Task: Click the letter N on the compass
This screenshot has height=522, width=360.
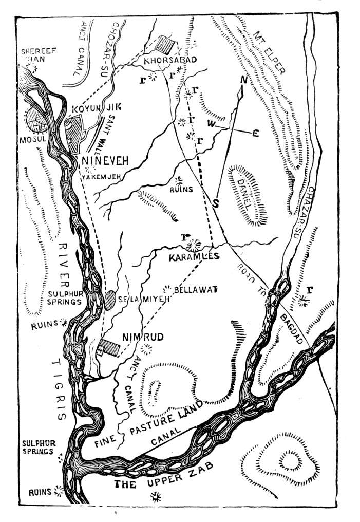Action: (x=243, y=80)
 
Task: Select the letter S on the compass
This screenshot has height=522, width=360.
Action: (x=216, y=202)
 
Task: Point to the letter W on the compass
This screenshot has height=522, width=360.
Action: (x=211, y=124)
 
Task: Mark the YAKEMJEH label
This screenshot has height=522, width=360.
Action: (x=100, y=177)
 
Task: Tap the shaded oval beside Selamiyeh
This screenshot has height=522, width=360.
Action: (x=109, y=300)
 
